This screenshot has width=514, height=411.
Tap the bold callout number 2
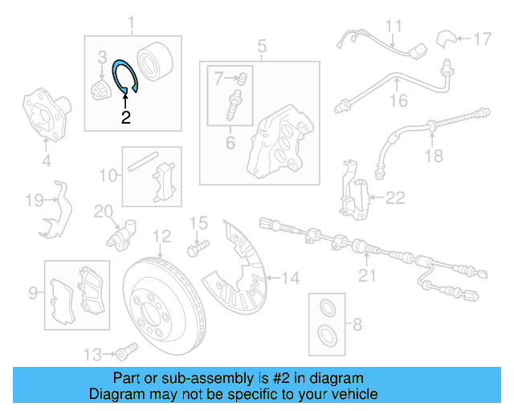tap(125, 117)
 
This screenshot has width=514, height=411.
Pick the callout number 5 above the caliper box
tap(262, 47)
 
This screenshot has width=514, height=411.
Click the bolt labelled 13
tap(124, 352)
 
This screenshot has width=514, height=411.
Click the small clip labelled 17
tap(447, 38)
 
